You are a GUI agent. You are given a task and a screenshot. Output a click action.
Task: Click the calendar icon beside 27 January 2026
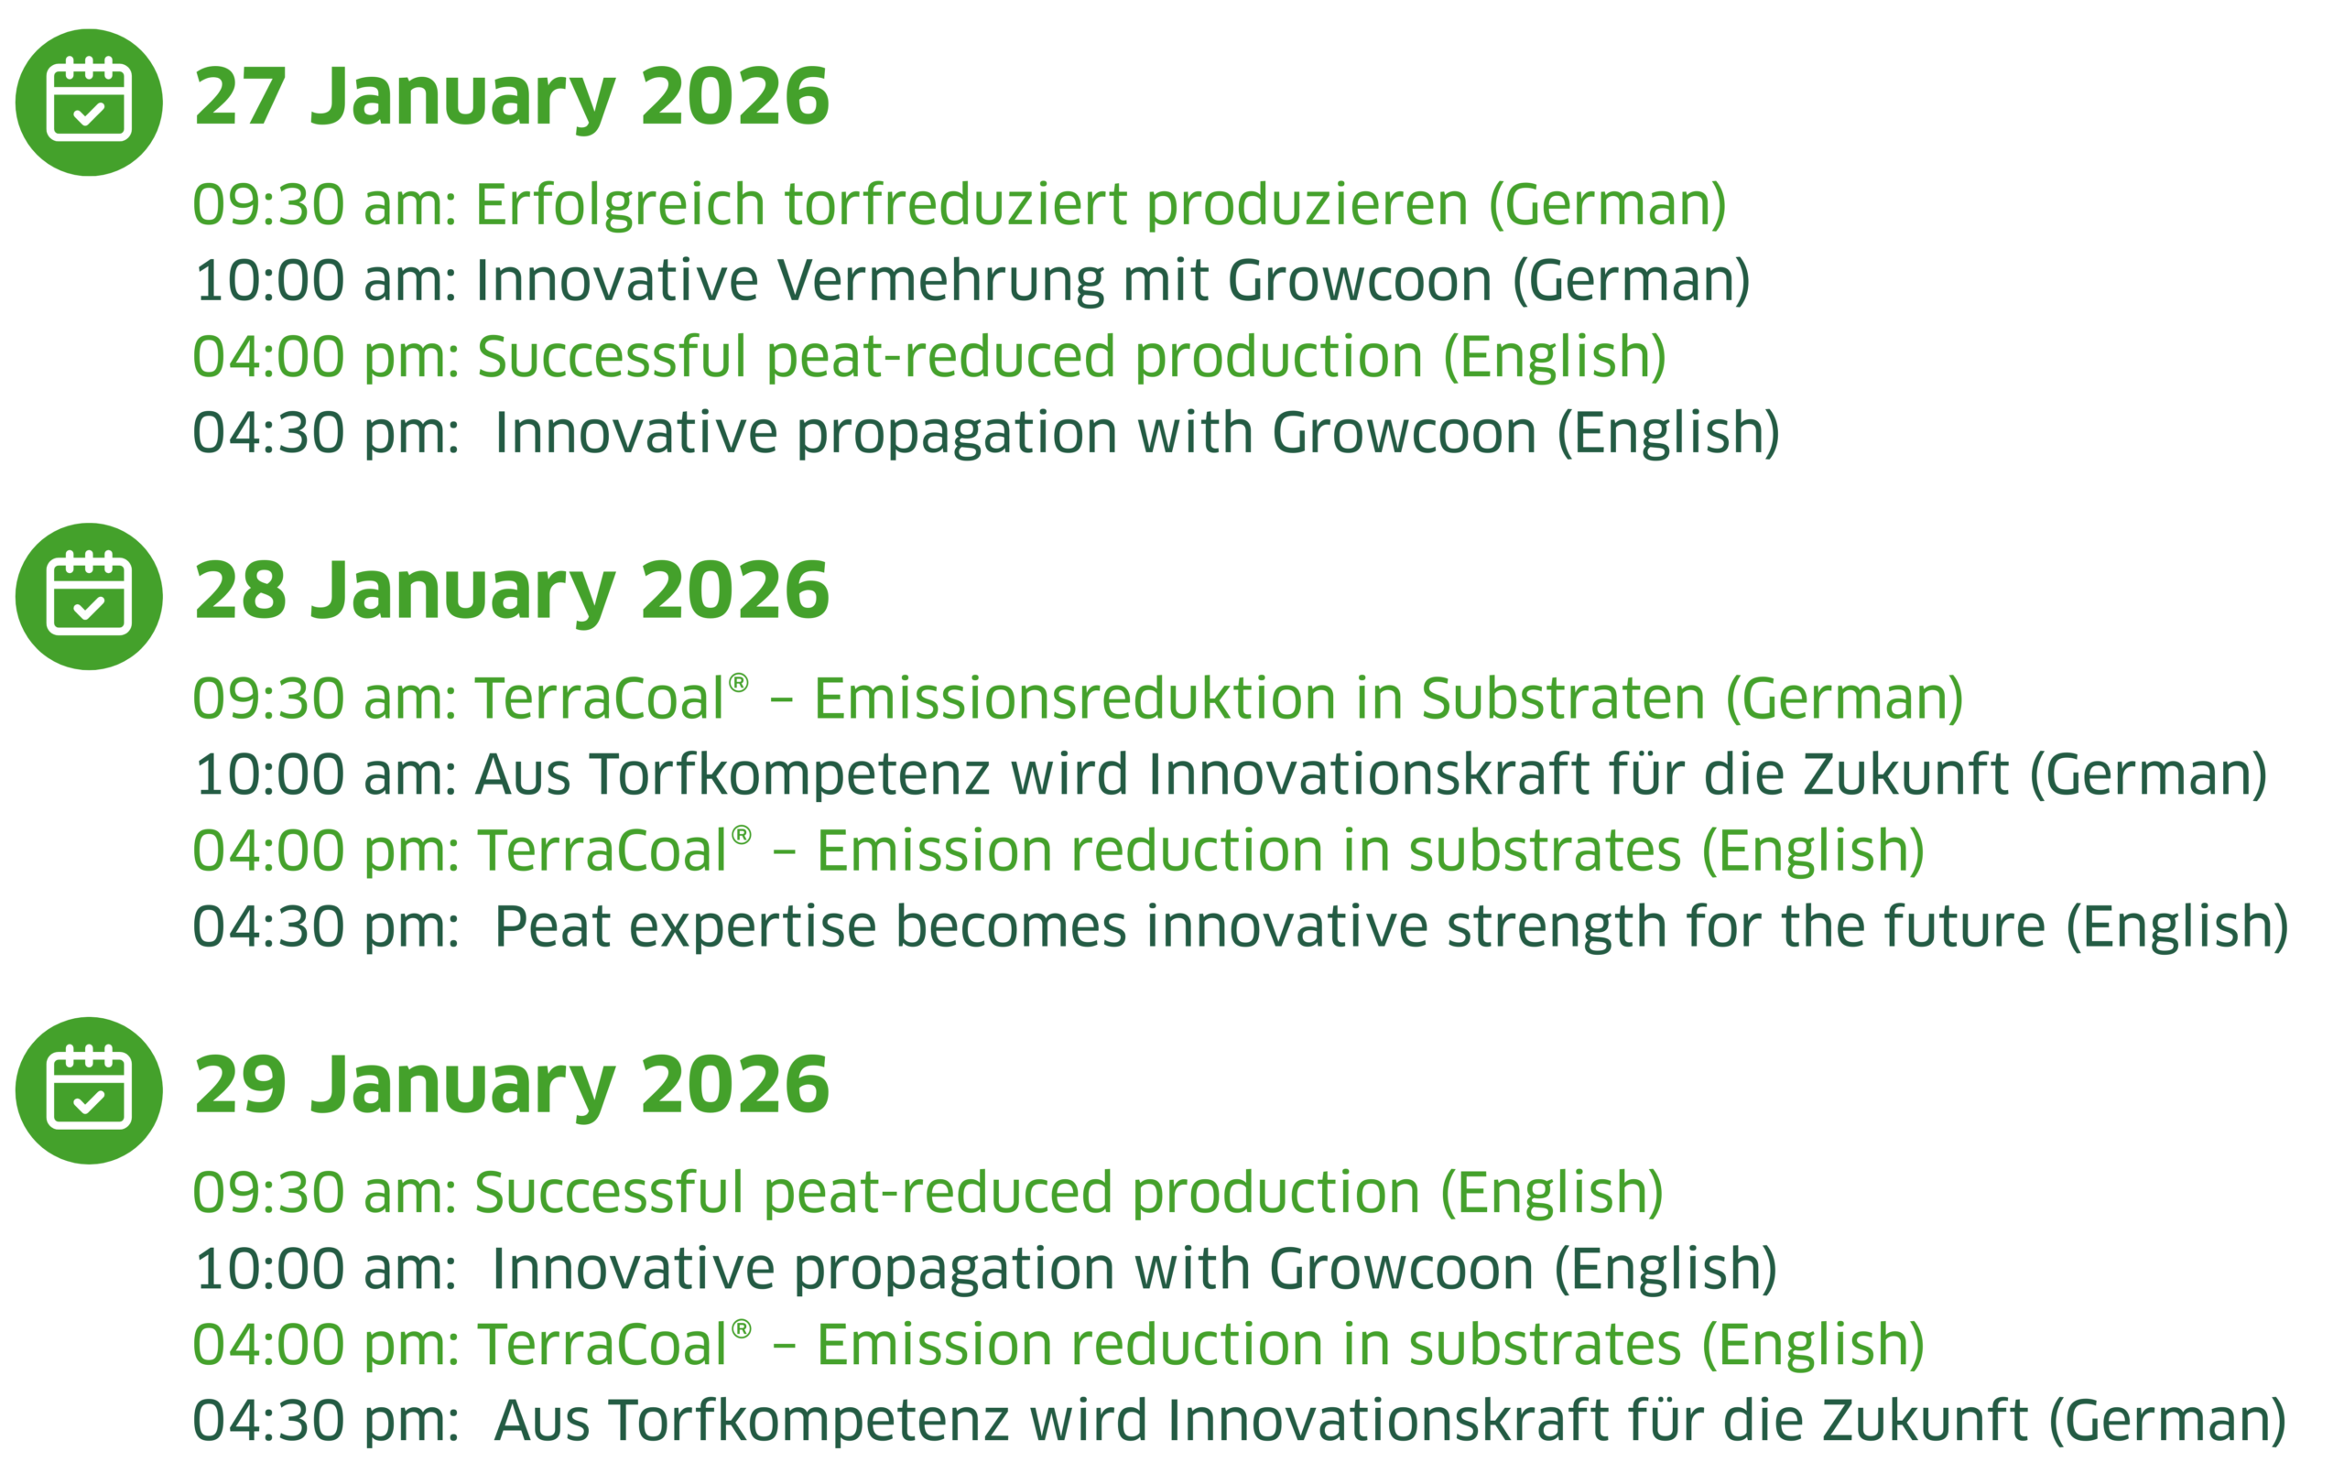89,103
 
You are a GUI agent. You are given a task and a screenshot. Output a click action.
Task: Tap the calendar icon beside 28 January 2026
89,597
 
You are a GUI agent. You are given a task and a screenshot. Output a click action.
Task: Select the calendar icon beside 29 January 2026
89,1090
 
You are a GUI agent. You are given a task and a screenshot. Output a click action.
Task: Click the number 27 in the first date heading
241,97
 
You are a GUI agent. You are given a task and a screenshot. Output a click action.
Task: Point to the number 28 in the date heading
241,591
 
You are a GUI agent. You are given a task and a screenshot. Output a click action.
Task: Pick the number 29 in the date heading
241,1085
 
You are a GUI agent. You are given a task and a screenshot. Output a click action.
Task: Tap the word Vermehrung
940,280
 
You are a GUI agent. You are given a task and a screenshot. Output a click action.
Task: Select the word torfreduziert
954,204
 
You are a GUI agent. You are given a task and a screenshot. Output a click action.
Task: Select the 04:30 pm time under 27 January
326,433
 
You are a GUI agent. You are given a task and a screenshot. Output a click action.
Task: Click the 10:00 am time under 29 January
326,1270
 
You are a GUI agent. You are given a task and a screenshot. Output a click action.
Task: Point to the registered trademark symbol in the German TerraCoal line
739,684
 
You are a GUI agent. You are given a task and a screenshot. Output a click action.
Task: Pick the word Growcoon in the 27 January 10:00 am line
1360,280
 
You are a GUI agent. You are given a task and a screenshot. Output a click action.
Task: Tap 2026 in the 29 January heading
735,1085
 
